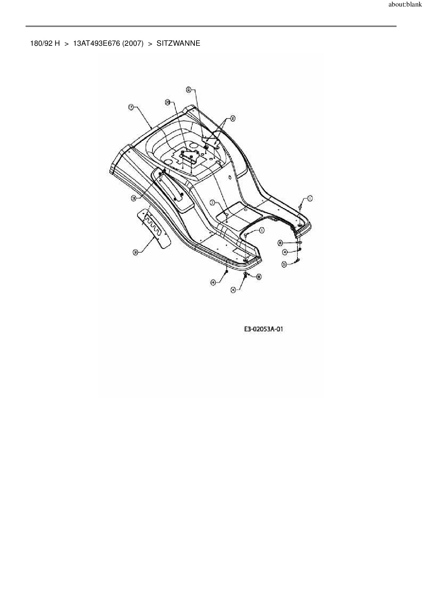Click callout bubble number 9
click(x=188, y=89)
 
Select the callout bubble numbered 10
click(x=167, y=102)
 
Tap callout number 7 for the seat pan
click(x=131, y=107)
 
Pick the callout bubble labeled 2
click(x=233, y=119)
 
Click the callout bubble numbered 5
click(x=284, y=264)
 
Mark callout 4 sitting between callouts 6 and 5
click(x=285, y=252)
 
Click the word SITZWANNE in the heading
click(x=178, y=43)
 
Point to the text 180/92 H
click(x=45, y=43)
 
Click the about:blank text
click(x=405, y=5)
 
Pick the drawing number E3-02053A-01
click(x=264, y=329)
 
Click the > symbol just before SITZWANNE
click(x=150, y=43)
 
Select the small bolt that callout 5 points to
click(x=297, y=261)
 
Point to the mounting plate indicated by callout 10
click(x=189, y=157)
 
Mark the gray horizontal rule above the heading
click(x=211, y=26)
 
